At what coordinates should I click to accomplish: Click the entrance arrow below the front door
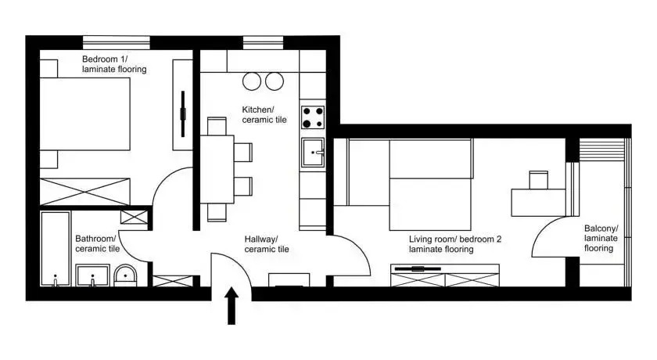pyautogui.click(x=232, y=306)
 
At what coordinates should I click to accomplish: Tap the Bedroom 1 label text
pyautogui.click(x=114, y=64)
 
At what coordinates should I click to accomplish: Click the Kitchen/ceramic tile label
pyautogui.click(x=264, y=114)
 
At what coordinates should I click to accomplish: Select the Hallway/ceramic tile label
pyautogui.click(x=267, y=244)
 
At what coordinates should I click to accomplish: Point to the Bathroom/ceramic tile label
pyautogui.click(x=97, y=243)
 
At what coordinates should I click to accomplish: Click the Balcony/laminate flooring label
pyautogui.click(x=601, y=238)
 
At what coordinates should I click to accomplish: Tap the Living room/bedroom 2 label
pyautogui.click(x=455, y=244)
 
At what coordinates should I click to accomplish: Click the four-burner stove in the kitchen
pyautogui.click(x=313, y=117)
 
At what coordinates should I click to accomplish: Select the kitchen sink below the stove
pyautogui.click(x=313, y=153)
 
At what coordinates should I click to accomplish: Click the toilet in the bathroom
pyautogui.click(x=125, y=275)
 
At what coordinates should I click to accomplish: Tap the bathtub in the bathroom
pyautogui.click(x=55, y=249)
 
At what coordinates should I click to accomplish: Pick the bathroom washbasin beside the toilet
pyautogui.click(x=92, y=275)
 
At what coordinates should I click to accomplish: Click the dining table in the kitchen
pyautogui.click(x=217, y=169)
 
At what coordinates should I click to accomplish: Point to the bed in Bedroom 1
pyautogui.click(x=84, y=114)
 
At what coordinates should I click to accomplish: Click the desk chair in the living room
pyautogui.click(x=538, y=180)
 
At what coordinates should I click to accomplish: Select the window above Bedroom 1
pyautogui.click(x=116, y=42)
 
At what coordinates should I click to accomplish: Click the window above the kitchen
pyautogui.click(x=263, y=42)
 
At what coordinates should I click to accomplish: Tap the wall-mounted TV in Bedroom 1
pyautogui.click(x=183, y=114)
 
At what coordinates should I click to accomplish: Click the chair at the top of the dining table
pyautogui.click(x=217, y=126)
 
